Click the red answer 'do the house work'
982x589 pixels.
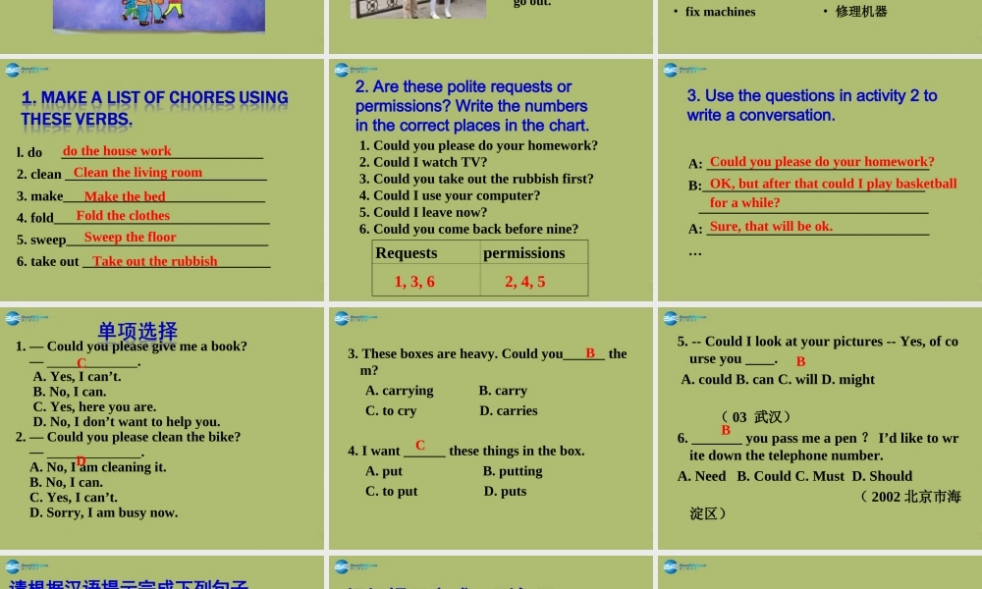117,151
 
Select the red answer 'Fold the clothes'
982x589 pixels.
123,216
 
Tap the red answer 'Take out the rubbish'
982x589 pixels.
155,261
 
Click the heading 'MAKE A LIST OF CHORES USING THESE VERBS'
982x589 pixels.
154,108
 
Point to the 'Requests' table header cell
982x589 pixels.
407,253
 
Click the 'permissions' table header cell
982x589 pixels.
524,253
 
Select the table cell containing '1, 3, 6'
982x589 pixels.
414,282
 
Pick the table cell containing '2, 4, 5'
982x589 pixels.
525,282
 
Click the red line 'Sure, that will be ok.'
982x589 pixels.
771,226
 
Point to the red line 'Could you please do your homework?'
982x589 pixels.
822,162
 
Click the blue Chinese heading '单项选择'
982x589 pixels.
137,331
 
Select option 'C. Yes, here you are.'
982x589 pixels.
94,406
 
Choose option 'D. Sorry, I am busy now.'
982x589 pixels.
103,512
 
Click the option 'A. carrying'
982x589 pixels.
399,391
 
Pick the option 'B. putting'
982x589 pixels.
513,471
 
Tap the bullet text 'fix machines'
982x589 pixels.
720,12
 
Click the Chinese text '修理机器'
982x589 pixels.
861,12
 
